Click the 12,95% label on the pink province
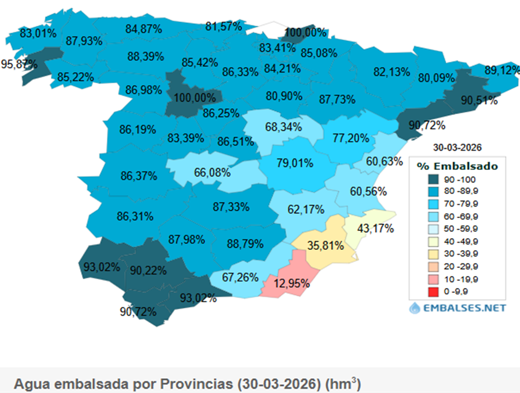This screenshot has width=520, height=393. (x=292, y=284)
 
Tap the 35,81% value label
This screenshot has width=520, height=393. (x=325, y=245)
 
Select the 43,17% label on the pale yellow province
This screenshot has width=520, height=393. (x=375, y=228)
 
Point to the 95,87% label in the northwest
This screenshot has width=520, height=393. (x=19, y=64)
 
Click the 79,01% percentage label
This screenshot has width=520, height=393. (x=295, y=163)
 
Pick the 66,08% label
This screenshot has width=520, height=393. (x=212, y=172)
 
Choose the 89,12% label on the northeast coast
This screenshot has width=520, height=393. (x=502, y=70)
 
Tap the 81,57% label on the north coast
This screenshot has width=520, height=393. (x=223, y=26)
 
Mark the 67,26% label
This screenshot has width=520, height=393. (x=240, y=277)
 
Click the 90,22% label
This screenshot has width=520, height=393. (x=148, y=271)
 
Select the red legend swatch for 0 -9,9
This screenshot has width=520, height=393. (x=433, y=292)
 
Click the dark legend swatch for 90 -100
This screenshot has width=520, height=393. (x=433, y=179)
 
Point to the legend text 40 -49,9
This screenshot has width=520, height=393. (x=461, y=242)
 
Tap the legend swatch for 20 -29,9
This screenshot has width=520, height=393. (x=433, y=267)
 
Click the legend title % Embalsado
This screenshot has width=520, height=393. (x=457, y=166)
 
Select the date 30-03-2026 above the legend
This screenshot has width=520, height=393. (x=457, y=148)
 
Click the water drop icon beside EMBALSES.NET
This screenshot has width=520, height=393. (x=414, y=308)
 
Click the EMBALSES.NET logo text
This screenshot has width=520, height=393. (x=464, y=308)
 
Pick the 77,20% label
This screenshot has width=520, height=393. (x=351, y=138)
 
